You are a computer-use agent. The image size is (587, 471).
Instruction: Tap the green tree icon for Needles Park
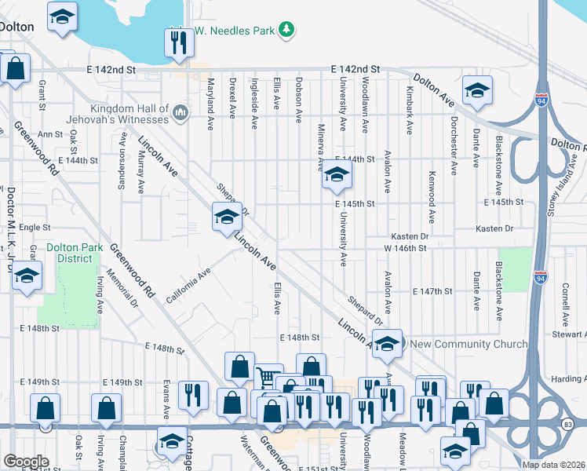[287, 30]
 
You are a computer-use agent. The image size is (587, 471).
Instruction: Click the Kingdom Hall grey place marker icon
[180, 114]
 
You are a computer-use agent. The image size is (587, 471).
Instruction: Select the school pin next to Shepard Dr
[226, 217]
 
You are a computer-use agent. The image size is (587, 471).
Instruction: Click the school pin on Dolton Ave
[476, 91]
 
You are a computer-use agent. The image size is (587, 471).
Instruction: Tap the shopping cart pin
[268, 379]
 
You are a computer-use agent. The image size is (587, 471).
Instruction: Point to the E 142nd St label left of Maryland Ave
[114, 70]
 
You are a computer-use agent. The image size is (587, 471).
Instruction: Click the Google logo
[25, 462]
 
